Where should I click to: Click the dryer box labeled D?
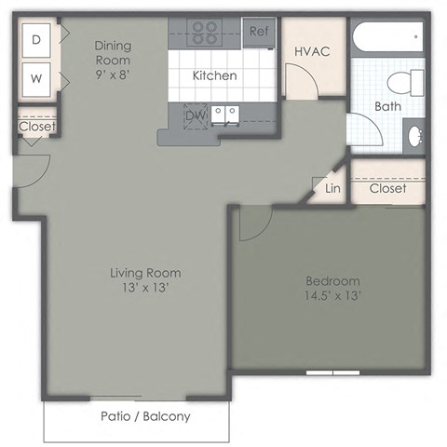[x=36, y=39]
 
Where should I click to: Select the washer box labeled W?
[x=36, y=79]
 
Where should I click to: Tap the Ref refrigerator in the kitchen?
[x=259, y=31]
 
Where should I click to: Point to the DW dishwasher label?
[x=195, y=115]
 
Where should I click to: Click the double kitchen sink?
[x=223, y=115]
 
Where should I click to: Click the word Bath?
[x=387, y=106]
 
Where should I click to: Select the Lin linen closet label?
[x=332, y=188]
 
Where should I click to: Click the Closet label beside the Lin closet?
[x=387, y=188]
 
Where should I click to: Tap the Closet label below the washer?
[x=36, y=127]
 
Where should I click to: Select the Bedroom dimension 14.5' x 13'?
[x=332, y=295]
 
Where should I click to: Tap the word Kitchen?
[x=214, y=75]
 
